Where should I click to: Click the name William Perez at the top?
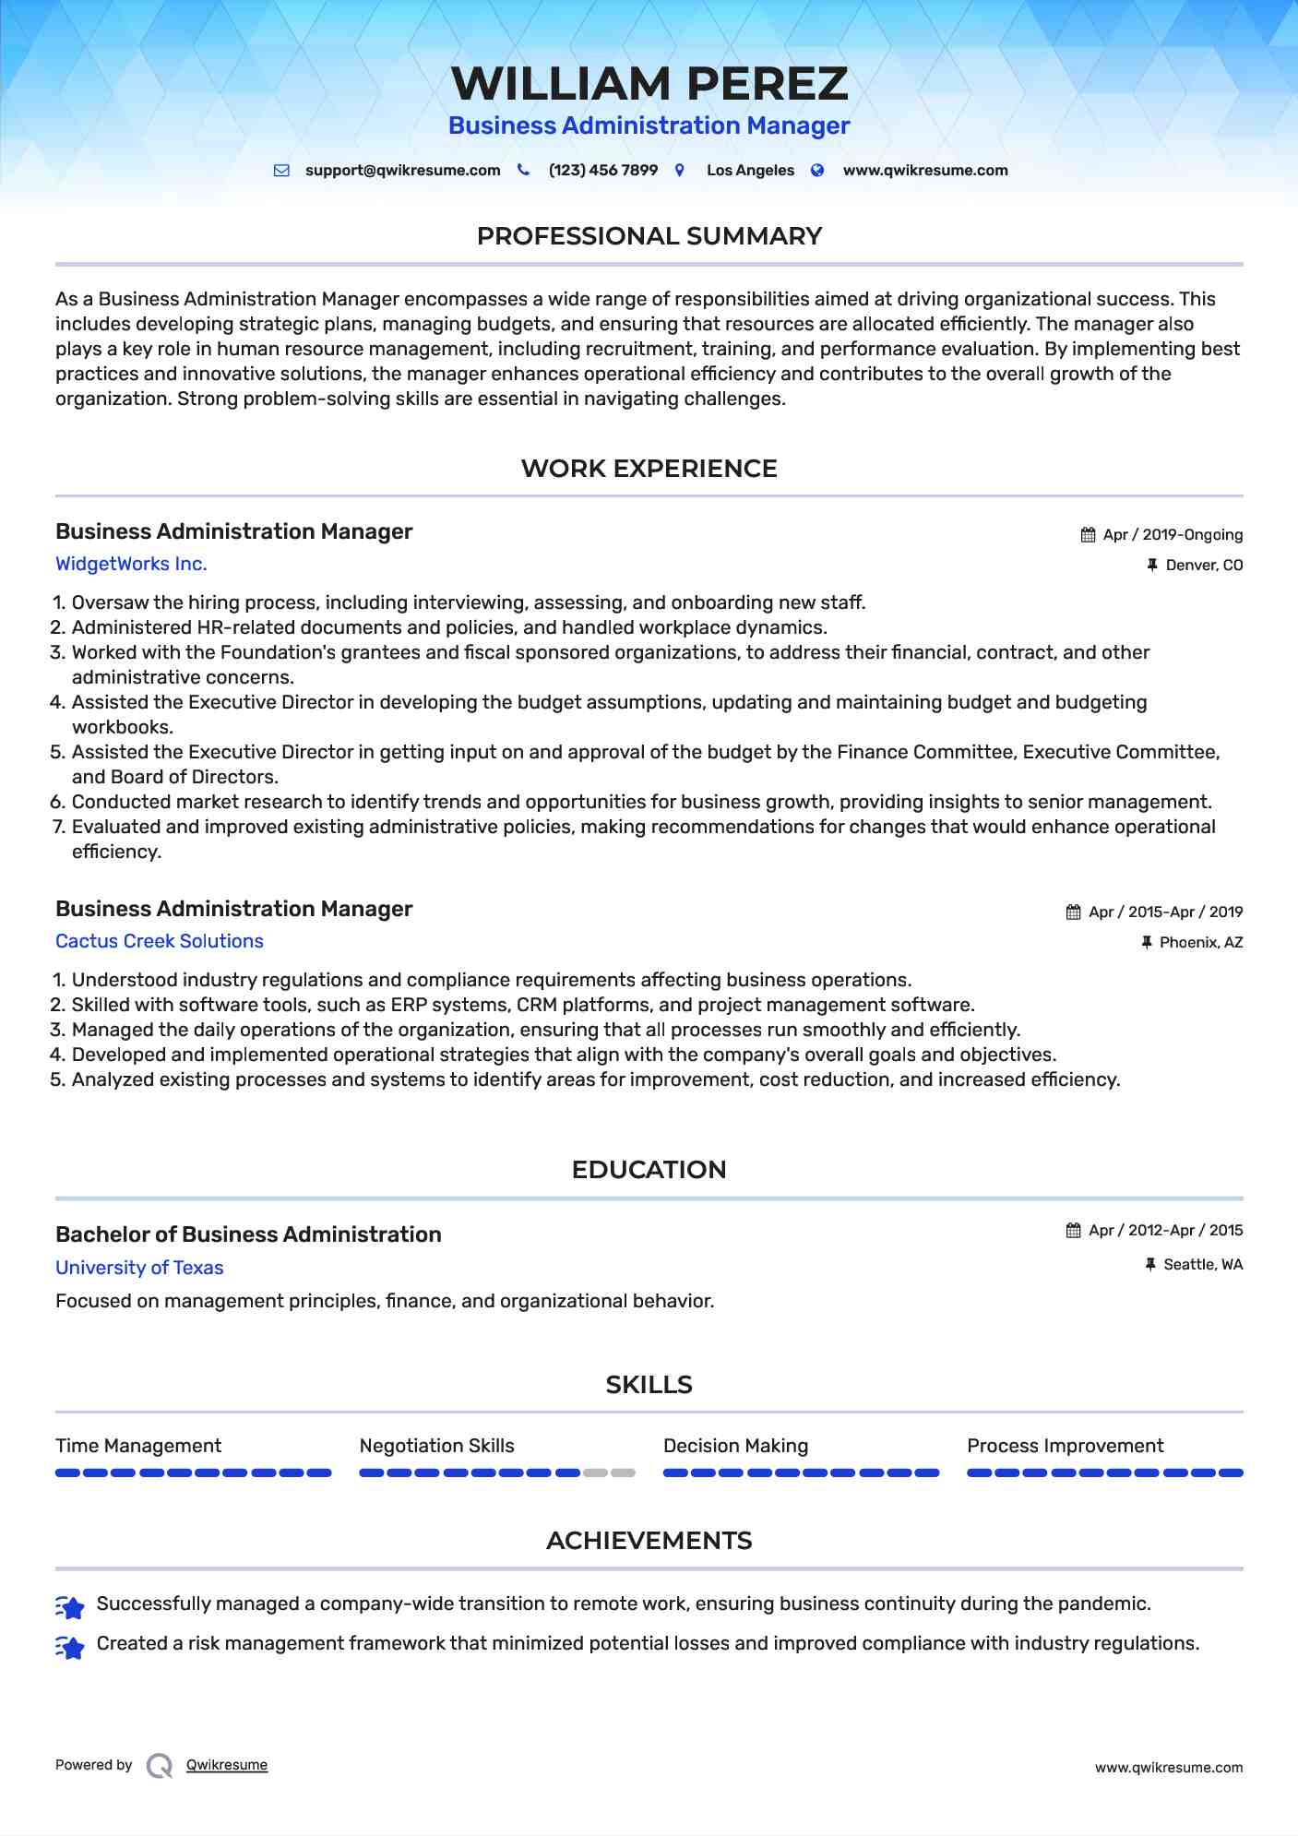click(649, 84)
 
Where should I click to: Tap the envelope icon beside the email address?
click(281, 171)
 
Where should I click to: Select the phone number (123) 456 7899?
click(602, 171)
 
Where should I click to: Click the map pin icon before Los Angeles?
click(680, 171)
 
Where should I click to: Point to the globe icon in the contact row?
click(817, 171)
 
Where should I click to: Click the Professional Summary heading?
click(649, 236)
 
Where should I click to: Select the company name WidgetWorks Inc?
click(131, 564)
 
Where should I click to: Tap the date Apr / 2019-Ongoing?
click(1173, 535)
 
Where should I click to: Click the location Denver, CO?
click(1204, 566)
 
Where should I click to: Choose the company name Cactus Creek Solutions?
click(160, 941)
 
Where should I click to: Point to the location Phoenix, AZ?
click(1201, 943)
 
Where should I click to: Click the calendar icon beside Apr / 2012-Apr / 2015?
click(1073, 1231)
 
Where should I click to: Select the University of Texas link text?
click(139, 1268)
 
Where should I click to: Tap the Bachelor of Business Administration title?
click(248, 1234)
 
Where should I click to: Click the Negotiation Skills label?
click(436, 1446)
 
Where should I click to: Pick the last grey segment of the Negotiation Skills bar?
click(624, 1473)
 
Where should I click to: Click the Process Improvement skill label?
click(1065, 1446)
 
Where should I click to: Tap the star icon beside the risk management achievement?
click(70, 1647)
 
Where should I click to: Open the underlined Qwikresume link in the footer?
click(227, 1765)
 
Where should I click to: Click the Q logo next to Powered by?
click(160, 1766)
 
